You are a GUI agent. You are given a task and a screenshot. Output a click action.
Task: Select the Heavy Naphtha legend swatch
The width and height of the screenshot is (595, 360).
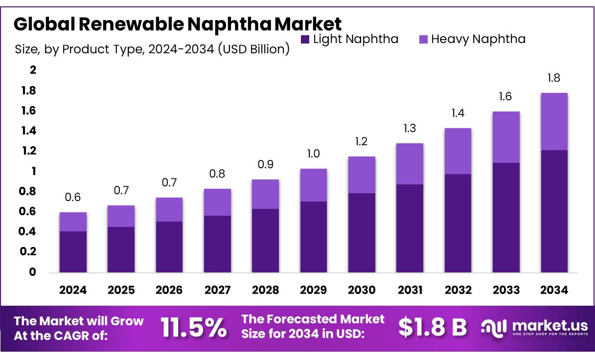click(x=423, y=40)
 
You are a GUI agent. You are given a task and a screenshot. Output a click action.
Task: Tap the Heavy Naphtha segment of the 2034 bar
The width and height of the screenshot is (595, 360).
click(x=554, y=121)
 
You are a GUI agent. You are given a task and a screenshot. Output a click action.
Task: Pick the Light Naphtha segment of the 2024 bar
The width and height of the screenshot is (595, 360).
click(x=73, y=251)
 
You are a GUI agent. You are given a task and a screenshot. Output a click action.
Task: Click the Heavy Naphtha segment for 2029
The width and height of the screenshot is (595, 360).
click(x=314, y=185)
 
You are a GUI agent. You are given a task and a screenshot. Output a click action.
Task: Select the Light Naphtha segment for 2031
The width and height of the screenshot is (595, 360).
click(x=410, y=228)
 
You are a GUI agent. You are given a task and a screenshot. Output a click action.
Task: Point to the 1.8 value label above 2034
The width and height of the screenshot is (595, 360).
click(x=554, y=78)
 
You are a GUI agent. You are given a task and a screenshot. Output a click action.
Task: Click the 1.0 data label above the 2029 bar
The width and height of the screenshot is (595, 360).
click(x=314, y=154)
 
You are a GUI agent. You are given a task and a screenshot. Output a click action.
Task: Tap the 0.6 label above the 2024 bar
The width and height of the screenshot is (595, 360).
click(x=73, y=198)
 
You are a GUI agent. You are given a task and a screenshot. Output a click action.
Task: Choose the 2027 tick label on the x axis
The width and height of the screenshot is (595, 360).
click(x=217, y=290)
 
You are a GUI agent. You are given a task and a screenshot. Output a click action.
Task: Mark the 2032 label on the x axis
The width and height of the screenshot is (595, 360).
click(x=458, y=290)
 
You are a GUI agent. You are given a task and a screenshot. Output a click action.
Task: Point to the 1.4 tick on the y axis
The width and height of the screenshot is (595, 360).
click(x=29, y=131)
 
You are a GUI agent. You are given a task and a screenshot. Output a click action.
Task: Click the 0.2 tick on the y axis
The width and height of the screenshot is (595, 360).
click(x=29, y=251)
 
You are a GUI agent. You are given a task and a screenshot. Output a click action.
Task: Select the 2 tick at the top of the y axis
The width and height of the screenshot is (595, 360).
click(x=33, y=70)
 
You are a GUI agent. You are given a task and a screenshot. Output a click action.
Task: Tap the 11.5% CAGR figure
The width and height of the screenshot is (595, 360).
click(x=194, y=327)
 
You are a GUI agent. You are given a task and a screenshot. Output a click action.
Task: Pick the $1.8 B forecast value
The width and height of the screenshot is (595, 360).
click(x=433, y=327)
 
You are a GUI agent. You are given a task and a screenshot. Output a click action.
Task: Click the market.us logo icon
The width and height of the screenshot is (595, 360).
click(x=494, y=327)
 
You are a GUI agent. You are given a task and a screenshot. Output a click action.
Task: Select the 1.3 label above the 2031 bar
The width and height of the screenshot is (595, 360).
click(x=410, y=129)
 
